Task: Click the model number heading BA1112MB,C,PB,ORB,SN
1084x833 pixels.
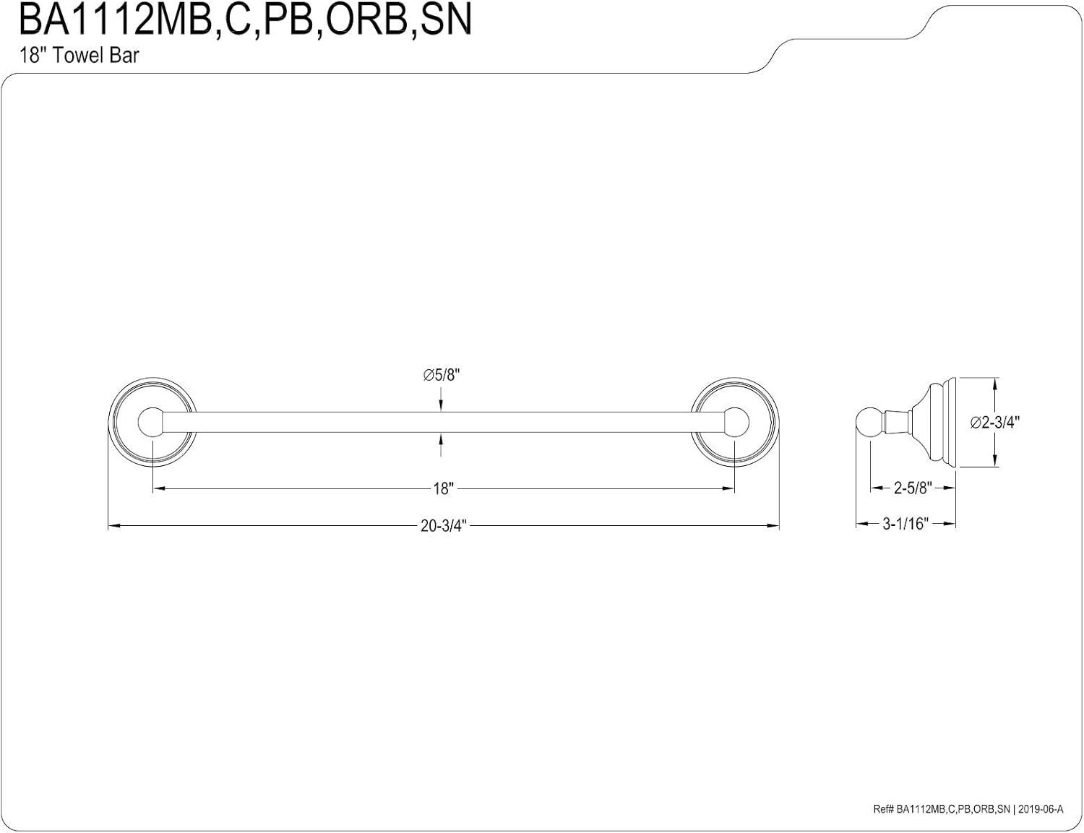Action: coord(244,20)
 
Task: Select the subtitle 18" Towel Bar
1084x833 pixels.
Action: coord(79,56)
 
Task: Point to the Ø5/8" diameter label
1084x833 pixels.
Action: coord(442,375)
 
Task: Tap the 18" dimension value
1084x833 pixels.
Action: coord(442,489)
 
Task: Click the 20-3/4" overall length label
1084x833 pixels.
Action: coord(444,526)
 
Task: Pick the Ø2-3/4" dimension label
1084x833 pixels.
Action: coord(994,423)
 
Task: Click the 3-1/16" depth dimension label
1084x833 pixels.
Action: coord(905,525)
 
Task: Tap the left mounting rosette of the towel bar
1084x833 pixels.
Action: coord(152,422)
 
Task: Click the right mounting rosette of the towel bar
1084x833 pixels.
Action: coord(735,422)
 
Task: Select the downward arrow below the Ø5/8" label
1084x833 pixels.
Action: coord(442,405)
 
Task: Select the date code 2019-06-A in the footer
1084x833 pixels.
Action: coord(1041,810)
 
